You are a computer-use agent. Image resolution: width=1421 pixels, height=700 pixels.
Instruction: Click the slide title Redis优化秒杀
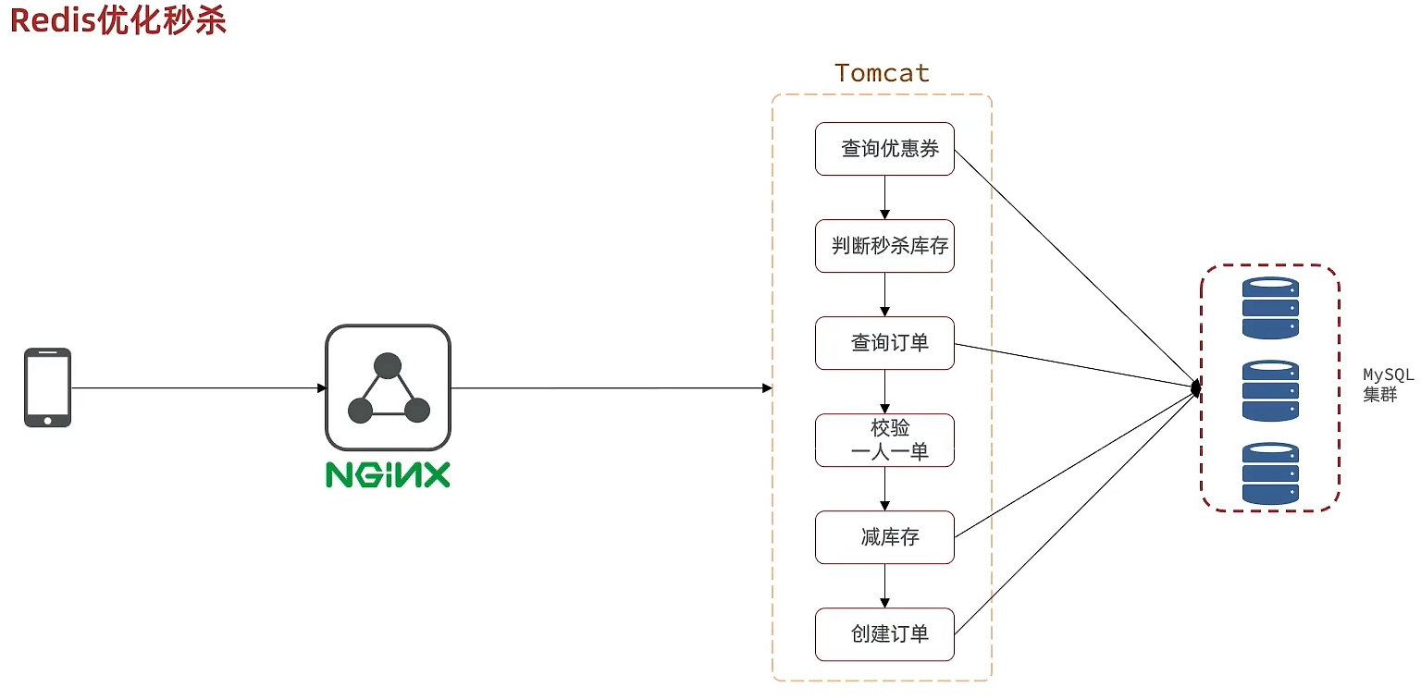(x=117, y=20)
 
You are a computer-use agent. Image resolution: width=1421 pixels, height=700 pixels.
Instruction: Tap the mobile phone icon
(x=47, y=387)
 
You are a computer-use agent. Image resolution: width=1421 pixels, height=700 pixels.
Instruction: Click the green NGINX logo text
(x=388, y=474)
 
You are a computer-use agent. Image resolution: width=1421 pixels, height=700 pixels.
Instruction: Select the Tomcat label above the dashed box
(x=882, y=73)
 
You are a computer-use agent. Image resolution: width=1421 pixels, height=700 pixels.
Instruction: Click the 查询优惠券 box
(x=884, y=148)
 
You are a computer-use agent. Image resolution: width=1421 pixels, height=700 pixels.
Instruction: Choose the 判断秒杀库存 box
(x=884, y=246)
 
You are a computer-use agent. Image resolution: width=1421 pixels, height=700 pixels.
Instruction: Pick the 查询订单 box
(x=884, y=343)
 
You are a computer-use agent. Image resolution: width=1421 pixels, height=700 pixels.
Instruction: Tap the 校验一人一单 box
(x=884, y=440)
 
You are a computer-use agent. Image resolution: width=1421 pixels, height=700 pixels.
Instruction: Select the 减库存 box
(x=884, y=537)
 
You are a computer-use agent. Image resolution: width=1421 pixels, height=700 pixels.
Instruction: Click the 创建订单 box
(x=884, y=634)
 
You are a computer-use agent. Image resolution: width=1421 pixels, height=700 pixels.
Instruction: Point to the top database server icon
(x=1270, y=308)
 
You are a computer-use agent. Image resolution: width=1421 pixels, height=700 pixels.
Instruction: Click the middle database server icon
(x=1270, y=390)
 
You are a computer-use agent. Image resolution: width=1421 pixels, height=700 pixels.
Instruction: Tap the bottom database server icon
(x=1270, y=473)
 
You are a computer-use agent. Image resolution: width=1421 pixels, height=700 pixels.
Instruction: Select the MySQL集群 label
(x=1388, y=384)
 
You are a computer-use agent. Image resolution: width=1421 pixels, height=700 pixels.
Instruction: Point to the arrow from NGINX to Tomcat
(x=611, y=388)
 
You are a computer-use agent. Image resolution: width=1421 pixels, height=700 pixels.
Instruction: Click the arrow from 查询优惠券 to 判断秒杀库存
(x=885, y=197)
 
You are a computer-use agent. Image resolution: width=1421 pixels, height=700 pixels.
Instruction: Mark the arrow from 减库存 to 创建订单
(x=885, y=585)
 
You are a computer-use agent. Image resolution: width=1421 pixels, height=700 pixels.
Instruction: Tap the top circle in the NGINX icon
(x=388, y=366)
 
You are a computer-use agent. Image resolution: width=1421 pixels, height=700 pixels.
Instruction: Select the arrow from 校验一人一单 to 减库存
(x=885, y=488)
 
